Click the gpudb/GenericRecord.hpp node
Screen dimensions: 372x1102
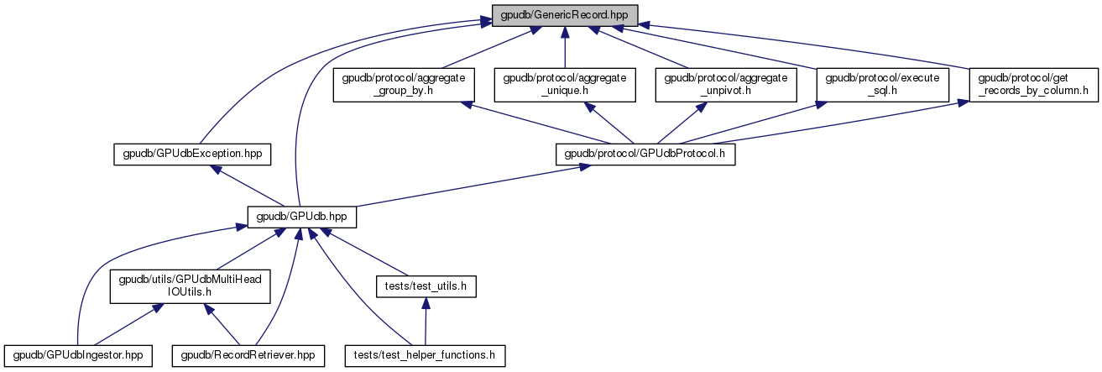click(565, 15)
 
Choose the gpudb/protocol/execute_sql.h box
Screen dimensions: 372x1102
click(884, 85)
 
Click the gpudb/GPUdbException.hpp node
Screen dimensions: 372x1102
click(193, 155)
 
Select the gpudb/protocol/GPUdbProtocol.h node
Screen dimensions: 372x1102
click(645, 155)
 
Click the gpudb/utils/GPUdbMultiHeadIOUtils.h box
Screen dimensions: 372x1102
click(190, 286)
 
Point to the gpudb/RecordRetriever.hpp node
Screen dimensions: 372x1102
click(248, 356)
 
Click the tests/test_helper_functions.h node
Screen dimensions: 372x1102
click(425, 356)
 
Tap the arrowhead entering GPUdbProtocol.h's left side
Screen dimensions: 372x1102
click(581, 169)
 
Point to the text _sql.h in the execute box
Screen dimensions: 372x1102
click(884, 92)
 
